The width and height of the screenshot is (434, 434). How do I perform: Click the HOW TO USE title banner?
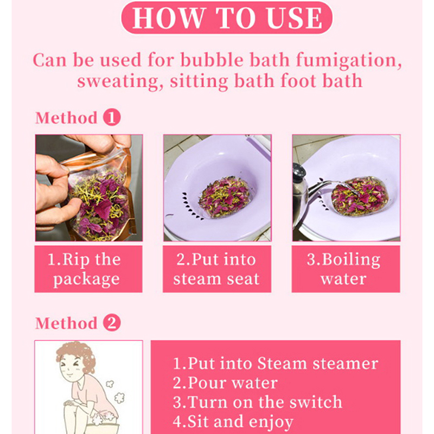coord(227,18)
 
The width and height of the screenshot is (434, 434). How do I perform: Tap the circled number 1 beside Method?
coord(112,117)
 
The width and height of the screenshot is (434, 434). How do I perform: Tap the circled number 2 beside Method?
coord(112,322)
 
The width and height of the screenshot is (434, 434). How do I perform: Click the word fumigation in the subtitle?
coord(349,61)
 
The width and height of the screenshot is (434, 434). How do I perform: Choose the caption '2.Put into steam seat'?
coord(216,269)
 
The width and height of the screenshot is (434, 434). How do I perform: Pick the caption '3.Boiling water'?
coord(343,269)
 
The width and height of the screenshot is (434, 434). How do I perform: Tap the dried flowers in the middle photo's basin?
coord(224,196)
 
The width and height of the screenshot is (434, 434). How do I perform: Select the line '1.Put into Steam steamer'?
coord(276,363)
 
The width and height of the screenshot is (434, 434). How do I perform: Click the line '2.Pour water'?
coord(225,383)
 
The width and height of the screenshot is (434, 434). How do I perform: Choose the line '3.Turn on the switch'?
coord(257,402)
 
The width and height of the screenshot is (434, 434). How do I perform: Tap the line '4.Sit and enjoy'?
coord(233,422)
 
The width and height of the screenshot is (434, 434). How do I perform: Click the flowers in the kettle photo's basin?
coord(359,197)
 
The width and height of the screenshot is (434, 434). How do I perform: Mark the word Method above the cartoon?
coord(66,323)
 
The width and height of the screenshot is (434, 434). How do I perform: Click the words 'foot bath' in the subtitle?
coord(321,81)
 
